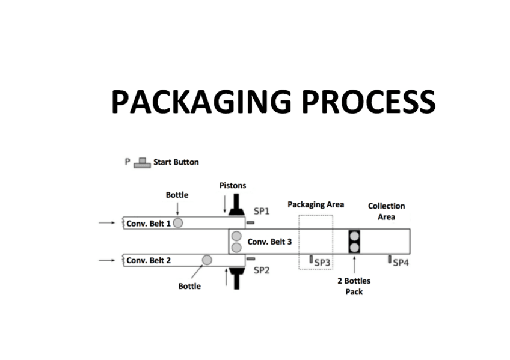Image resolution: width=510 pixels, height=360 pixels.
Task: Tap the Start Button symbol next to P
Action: (x=142, y=162)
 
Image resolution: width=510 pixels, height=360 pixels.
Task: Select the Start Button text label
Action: (x=176, y=162)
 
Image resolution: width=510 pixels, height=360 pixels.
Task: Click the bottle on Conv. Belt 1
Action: (x=178, y=223)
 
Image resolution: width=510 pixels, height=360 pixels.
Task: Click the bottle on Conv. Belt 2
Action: (x=207, y=260)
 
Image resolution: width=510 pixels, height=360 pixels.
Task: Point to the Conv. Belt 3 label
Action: (x=270, y=242)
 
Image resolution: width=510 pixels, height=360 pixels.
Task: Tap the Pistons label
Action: (x=232, y=185)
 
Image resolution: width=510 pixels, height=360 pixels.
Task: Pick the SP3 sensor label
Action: (x=323, y=263)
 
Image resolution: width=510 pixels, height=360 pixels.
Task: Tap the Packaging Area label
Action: (x=316, y=204)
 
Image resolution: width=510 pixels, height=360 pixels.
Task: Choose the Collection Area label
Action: (x=386, y=211)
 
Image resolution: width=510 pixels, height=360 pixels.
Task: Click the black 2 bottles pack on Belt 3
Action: (x=354, y=242)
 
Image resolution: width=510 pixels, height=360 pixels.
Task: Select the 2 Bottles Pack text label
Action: (x=354, y=286)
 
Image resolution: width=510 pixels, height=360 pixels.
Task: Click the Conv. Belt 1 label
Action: (x=149, y=223)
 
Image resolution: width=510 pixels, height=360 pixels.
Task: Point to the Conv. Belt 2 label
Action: (x=149, y=260)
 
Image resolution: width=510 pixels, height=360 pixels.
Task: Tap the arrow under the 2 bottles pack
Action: (x=354, y=264)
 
